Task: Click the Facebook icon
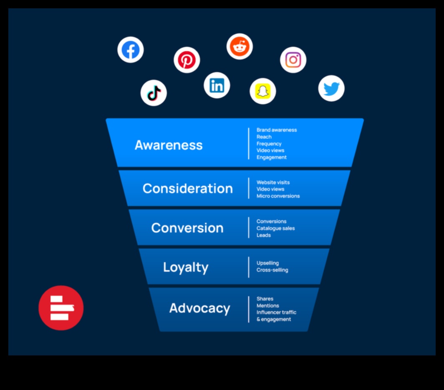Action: (x=131, y=50)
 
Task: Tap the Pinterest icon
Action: (x=187, y=60)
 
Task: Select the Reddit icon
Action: (x=240, y=46)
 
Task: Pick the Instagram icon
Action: (x=293, y=60)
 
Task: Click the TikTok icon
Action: (x=154, y=93)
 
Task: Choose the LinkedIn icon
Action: (x=217, y=85)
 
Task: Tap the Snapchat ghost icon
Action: (x=263, y=91)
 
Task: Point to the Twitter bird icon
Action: (x=331, y=88)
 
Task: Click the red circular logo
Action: (x=61, y=308)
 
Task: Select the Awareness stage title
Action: (x=169, y=145)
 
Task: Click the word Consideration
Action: (x=188, y=188)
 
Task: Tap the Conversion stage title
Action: (x=187, y=228)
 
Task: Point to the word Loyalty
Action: (x=186, y=267)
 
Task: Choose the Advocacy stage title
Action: (x=200, y=308)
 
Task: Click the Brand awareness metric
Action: (x=277, y=130)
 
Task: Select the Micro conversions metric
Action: (x=278, y=196)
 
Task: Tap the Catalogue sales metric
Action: (x=275, y=228)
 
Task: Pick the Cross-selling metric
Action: (x=272, y=270)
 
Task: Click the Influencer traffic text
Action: (x=276, y=312)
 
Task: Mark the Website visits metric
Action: (x=273, y=182)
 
